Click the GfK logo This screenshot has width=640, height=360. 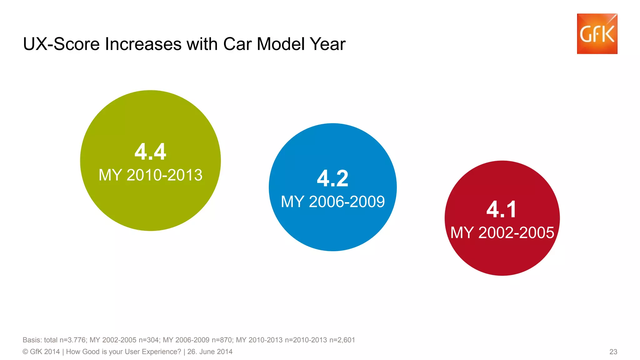(x=597, y=34)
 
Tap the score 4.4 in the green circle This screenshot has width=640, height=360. (x=150, y=152)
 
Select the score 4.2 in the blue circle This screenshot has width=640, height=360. (x=332, y=178)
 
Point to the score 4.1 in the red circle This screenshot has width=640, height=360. (x=502, y=209)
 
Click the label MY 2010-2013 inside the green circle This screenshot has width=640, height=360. (x=150, y=175)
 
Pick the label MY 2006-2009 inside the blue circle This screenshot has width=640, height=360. (x=332, y=202)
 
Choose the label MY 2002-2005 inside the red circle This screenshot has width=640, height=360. (x=502, y=232)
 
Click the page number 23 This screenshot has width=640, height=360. (x=613, y=352)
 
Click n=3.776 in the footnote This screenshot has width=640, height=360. (x=72, y=340)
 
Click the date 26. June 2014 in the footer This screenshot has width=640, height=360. (x=210, y=352)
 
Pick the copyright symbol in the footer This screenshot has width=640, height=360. (x=25, y=352)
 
